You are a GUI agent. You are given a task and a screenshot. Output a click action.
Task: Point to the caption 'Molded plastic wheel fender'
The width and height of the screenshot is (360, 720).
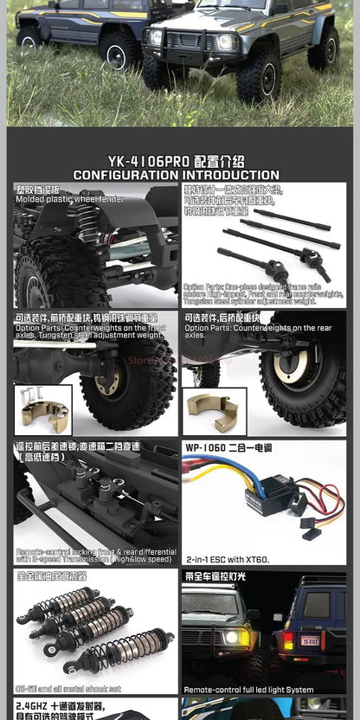(69, 199)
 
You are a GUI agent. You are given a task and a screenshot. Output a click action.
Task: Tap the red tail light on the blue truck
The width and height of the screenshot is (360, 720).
(286, 640)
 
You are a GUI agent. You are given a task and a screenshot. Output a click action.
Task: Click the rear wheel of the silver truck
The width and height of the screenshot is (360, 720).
(323, 49)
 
